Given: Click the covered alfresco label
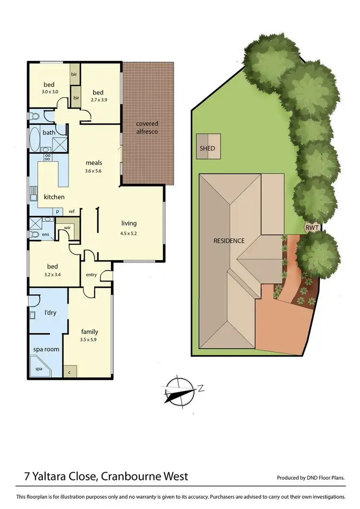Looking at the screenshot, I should click(147, 128).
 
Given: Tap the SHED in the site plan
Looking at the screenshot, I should click(207, 149).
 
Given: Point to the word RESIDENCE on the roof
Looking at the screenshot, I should click(229, 241).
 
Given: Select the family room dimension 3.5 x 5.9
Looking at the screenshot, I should click(90, 340).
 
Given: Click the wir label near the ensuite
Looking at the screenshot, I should click(67, 228).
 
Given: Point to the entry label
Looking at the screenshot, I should click(91, 275).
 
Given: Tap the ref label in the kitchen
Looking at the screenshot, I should click(72, 211).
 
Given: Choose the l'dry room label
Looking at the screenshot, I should click(50, 313).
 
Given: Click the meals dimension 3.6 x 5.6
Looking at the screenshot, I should click(94, 171).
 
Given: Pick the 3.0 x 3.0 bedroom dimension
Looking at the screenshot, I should click(49, 92).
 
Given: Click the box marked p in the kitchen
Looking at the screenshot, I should click(58, 211).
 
